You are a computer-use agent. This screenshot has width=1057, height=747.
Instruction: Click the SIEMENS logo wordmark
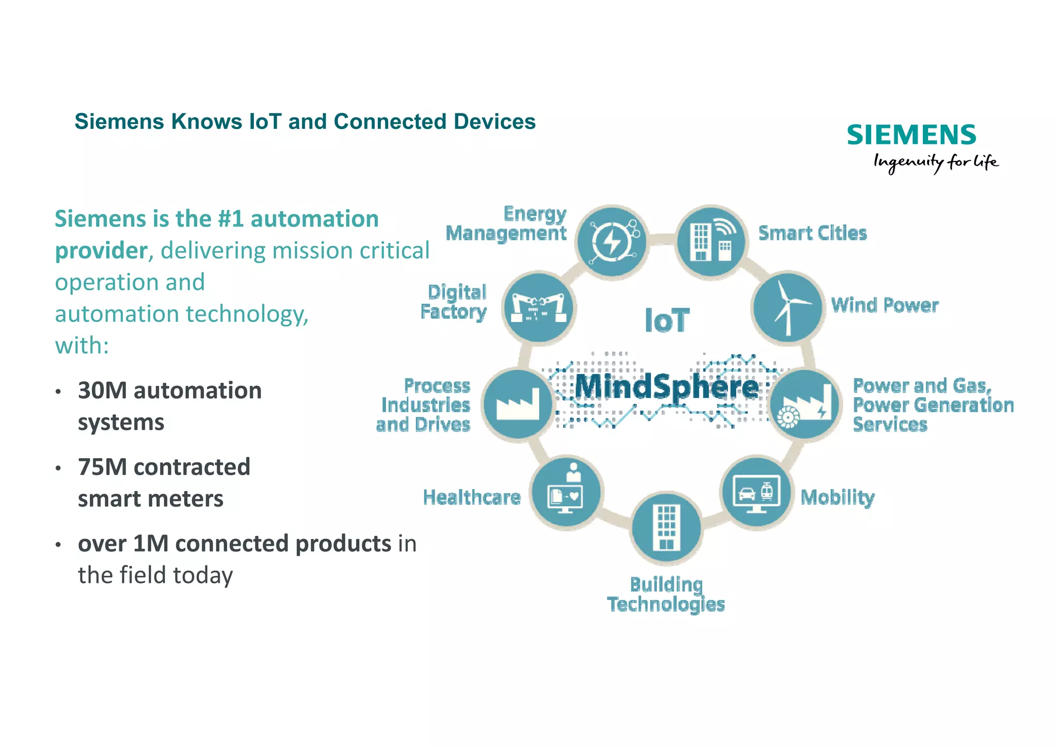coord(911,135)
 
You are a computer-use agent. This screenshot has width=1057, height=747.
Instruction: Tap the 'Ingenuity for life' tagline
coord(936,163)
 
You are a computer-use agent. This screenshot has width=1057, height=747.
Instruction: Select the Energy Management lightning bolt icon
coord(613,241)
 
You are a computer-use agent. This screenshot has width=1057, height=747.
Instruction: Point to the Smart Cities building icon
coord(711,241)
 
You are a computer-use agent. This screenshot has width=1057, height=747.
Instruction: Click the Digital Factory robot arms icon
coord(539,307)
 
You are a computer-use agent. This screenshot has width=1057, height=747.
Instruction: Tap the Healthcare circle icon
coord(566,492)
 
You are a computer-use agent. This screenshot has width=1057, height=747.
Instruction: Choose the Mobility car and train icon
coord(756,491)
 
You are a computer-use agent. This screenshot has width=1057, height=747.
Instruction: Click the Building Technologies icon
coord(666,528)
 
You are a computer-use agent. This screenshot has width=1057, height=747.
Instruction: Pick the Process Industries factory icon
coord(518,404)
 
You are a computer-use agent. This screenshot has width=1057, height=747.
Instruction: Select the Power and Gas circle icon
coord(805,404)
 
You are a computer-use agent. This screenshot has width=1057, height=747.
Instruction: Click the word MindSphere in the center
coord(667,387)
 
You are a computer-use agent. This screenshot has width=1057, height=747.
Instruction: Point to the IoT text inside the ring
coord(667,320)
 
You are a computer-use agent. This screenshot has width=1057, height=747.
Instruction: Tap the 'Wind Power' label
coord(885,305)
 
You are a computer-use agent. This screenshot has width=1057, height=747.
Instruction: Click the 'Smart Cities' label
coord(812,233)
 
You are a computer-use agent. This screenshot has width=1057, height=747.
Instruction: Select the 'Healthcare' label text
coord(472,497)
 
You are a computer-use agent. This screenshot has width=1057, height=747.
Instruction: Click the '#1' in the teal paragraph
coord(230,219)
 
